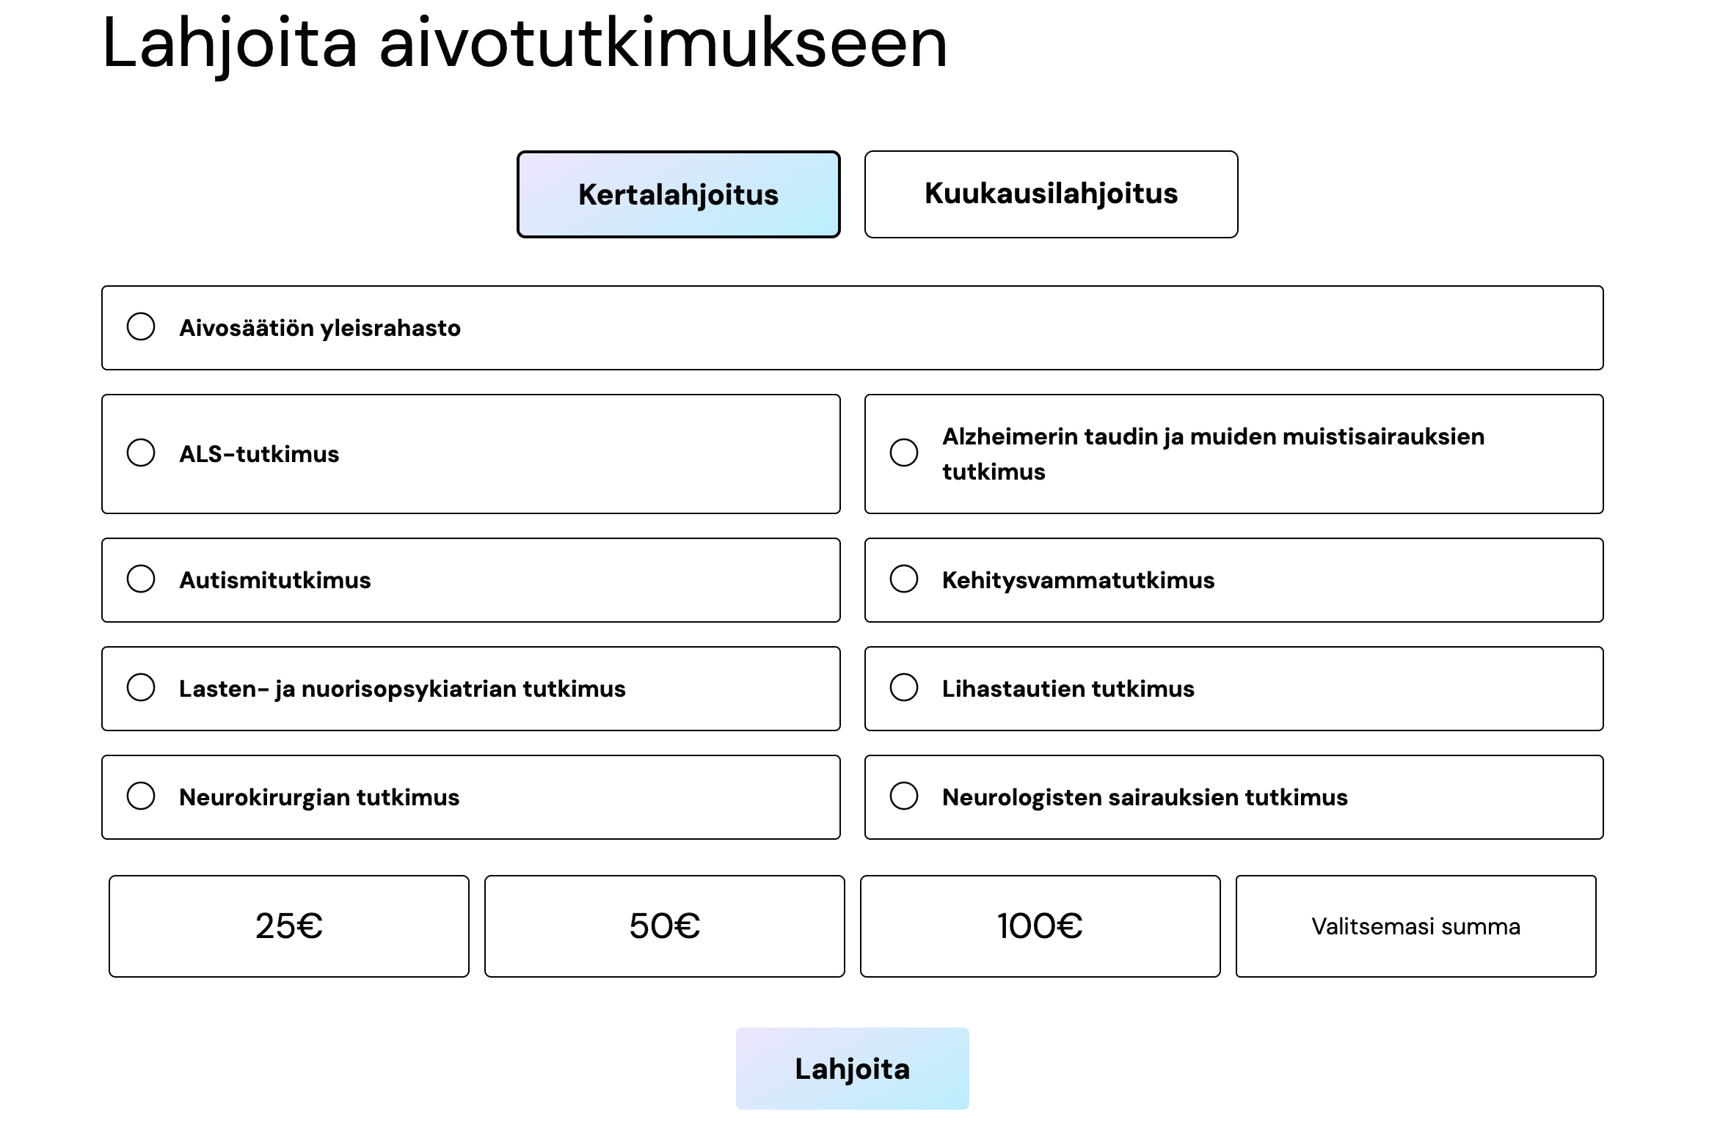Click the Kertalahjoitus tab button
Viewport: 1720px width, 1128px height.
[679, 194]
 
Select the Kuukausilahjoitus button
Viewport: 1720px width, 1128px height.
[1051, 194]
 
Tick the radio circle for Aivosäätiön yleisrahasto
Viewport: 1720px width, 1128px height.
[141, 326]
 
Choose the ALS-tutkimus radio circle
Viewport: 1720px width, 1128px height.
[141, 453]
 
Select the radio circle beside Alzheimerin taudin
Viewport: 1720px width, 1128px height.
[904, 453]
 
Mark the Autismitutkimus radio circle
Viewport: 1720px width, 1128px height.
[141, 579]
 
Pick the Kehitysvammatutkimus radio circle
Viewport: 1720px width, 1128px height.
[904, 579]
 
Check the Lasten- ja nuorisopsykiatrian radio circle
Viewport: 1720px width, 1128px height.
[141, 687]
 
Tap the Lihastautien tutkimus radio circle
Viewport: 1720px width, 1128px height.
[904, 687]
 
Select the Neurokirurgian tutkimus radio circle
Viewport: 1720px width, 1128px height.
[141, 796]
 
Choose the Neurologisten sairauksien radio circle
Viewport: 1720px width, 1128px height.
[904, 796]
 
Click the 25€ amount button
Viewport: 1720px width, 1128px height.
[289, 926]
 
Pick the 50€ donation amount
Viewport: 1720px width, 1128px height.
[665, 926]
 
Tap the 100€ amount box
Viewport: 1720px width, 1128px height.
[1041, 926]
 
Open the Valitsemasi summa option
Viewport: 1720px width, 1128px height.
[1416, 926]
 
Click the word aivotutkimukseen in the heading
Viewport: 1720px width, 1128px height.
[663, 43]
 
